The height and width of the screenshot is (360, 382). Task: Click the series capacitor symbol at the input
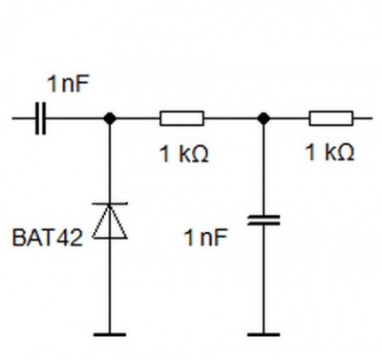tap(40, 118)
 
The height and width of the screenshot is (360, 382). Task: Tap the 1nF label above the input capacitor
tap(68, 84)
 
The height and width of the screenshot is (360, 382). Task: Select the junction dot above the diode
tap(110, 118)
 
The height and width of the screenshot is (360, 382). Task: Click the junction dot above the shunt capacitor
tap(264, 118)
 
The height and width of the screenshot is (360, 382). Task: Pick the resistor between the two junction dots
tap(181, 118)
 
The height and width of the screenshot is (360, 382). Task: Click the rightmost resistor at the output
tap(331, 118)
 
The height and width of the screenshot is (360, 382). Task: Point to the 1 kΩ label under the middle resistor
tap(184, 154)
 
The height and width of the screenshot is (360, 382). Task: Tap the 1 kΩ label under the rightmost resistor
tap(329, 152)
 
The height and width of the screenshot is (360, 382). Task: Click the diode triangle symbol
tap(110, 221)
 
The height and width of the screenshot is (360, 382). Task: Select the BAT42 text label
tap(48, 238)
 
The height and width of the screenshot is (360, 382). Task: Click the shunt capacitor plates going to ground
tap(264, 221)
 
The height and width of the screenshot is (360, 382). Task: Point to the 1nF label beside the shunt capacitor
tap(206, 238)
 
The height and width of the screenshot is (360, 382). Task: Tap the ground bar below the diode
tap(110, 334)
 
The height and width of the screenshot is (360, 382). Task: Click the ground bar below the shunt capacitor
tap(264, 334)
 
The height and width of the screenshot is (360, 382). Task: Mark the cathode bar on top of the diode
tap(110, 203)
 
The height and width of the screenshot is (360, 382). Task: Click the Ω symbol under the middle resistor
tap(201, 155)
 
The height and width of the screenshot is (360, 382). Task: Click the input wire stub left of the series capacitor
tap(24, 118)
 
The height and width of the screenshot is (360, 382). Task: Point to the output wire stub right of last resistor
tap(363, 118)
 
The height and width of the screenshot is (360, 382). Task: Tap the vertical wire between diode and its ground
tap(110, 286)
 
